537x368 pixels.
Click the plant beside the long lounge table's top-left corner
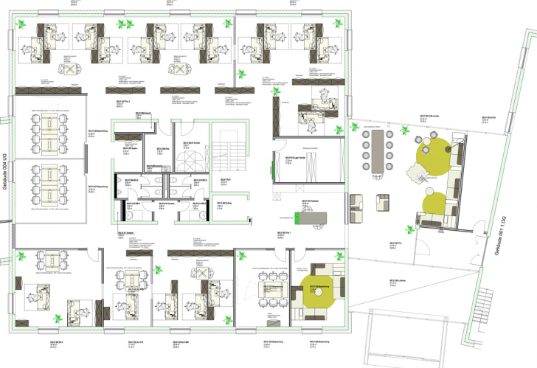364,128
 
